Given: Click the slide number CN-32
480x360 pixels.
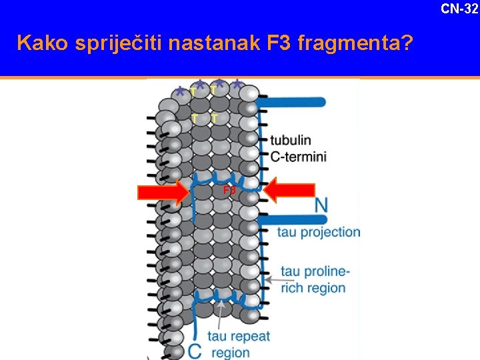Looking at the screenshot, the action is pos(459,8).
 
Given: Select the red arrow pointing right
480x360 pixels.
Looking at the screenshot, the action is pos(163,193).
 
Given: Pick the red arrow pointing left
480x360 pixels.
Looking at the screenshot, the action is pos(290,191).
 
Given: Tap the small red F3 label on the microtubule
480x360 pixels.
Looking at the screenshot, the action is pos(229,191).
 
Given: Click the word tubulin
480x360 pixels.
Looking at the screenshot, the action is pos(291,141).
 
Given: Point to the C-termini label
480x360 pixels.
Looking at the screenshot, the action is pos(298,157).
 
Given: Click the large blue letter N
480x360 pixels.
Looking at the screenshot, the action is pos(321,204).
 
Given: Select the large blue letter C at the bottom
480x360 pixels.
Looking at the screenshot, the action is pos(195,350).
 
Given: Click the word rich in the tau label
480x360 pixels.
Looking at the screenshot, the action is pos(292,288).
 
